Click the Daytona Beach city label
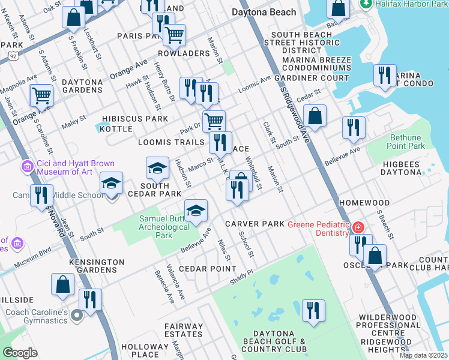(x=264, y=12)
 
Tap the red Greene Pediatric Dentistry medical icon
(x=358, y=228)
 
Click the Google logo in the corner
(x=20, y=352)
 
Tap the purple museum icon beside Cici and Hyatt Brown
(x=27, y=166)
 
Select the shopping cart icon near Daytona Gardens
(x=41, y=95)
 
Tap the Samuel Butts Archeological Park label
(x=164, y=227)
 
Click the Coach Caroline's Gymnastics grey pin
(x=76, y=314)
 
